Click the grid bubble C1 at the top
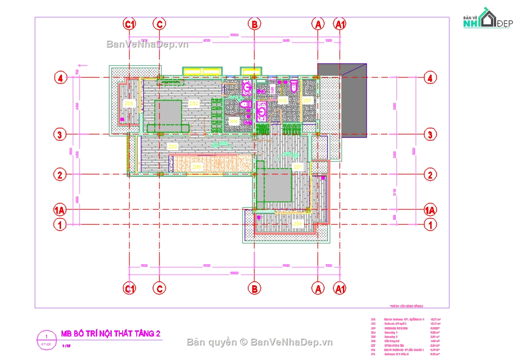click(129, 23)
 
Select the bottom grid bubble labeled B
click(254, 289)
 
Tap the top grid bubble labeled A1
click(340, 23)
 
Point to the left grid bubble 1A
click(59, 210)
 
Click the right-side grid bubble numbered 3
click(430, 134)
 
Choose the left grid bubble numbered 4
click(60, 78)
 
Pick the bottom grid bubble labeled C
click(160, 289)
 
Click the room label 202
click(193, 102)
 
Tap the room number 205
click(128, 102)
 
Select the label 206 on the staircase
click(196, 166)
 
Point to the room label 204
click(297, 224)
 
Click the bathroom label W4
click(233, 121)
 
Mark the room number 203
click(172, 147)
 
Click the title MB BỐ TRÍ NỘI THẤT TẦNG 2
click(111, 334)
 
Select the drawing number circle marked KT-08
click(46, 339)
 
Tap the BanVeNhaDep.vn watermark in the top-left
click(147, 44)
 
